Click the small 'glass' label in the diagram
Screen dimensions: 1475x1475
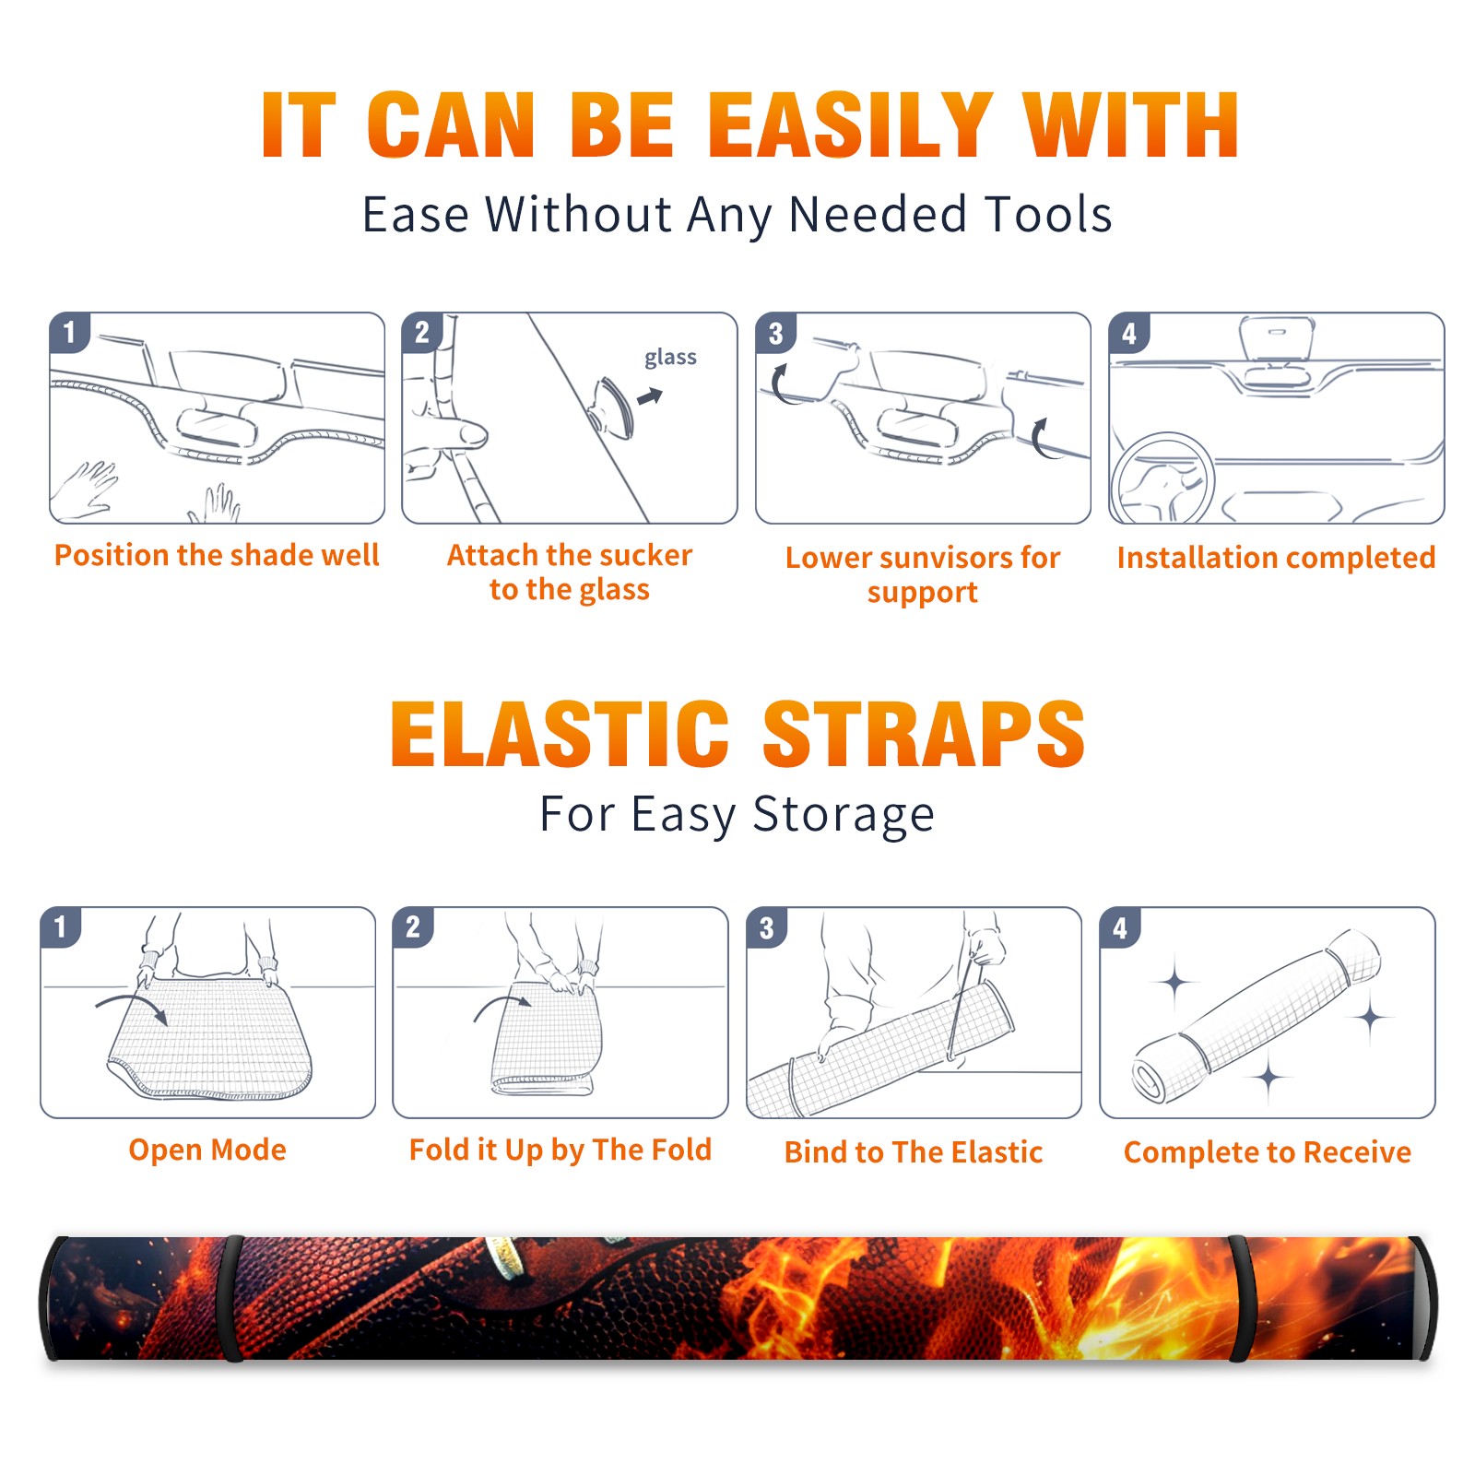click(x=670, y=358)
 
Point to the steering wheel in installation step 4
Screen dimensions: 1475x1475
click(x=1162, y=479)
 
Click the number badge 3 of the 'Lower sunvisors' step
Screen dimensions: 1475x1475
click(x=776, y=333)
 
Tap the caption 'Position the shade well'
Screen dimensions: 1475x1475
click(x=217, y=555)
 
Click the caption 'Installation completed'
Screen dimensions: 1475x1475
click(x=1276, y=557)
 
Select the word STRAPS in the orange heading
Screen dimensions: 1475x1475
click(x=924, y=734)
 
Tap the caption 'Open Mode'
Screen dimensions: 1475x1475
click(x=207, y=1150)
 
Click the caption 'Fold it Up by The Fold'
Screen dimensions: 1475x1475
click(x=560, y=1150)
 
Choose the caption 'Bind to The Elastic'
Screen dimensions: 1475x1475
click(x=914, y=1152)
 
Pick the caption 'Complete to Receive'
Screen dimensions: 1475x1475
click(x=1268, y=1152)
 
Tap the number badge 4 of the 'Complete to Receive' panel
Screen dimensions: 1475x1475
click(x=1120, y=927)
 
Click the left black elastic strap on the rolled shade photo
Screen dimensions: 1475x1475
click(x=230, y=1298)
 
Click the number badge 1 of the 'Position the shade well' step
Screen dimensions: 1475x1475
click(x=70, y=333)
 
